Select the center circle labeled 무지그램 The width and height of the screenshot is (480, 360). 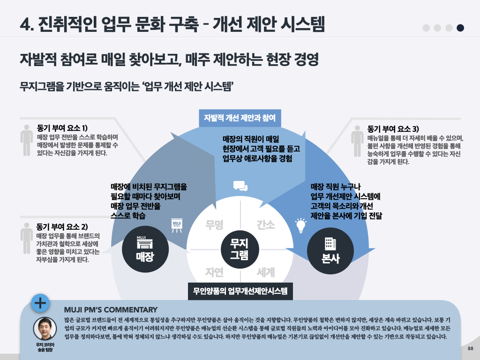[x=239, y=249]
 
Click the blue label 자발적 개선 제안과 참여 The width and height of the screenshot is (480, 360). [x=240, y=117]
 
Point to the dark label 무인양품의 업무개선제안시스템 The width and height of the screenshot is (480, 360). [x=240, y=291]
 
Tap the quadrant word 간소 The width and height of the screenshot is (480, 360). [x=265, y=225]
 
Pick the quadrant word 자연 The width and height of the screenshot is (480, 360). [x=214, y=271]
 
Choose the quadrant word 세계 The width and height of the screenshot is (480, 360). [x=265, y=271]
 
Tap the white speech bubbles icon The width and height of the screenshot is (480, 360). [x=240, y=186]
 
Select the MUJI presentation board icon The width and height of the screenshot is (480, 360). [x=177, y=225]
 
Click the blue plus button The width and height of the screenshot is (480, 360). [x=40, y=303]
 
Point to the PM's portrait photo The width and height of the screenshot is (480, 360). [x=45, y=329]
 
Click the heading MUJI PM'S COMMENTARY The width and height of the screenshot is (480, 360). [x=111, y=310]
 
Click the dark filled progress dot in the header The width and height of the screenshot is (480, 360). [x=460, y=28]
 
